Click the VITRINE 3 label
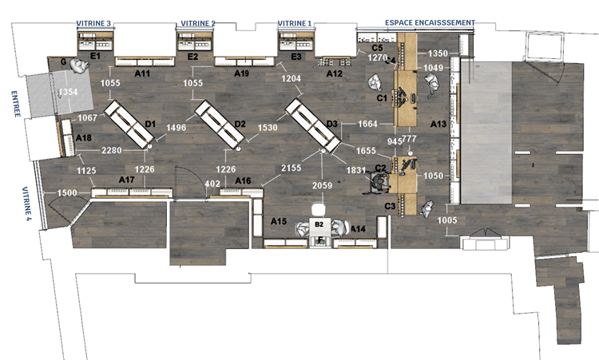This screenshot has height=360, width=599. tap(93, 24)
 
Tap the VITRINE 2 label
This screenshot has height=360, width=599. tap(196, 24)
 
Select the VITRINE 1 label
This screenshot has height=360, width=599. tap(294, 24)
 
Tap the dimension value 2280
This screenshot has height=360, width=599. tap(111, 150)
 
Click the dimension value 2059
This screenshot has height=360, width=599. tap(322, 186)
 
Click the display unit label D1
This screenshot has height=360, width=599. tap(150, 124)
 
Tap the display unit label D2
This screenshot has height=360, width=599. tap(240, 124)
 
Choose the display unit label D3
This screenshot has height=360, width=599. tap(332, 124)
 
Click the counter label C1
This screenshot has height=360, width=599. tap(381, 98)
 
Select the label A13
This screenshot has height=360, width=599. tap(438, 124)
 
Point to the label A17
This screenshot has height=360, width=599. tap(126, 180)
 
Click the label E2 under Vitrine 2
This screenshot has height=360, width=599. tap(192, 57)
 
